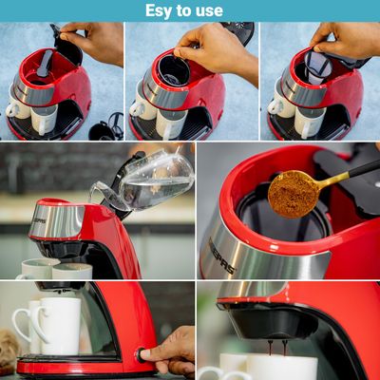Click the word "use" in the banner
[211, 11]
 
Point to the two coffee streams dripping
[276, 348]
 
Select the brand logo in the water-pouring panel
[39, 219]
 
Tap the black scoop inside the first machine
[45, 64]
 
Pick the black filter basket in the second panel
[174, 70]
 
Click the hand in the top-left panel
[93, 41]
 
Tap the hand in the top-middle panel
[217, 50]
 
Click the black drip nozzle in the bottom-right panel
[274, 321]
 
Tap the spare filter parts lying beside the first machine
[106, 127]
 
